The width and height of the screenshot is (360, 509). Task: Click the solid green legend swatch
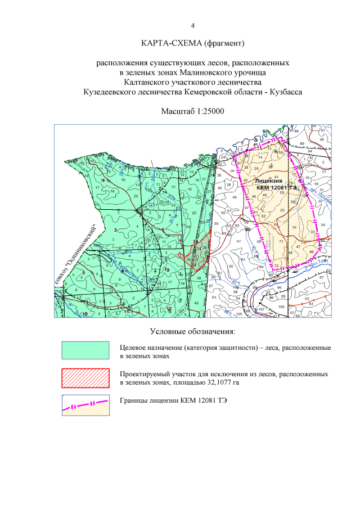coord(85,350)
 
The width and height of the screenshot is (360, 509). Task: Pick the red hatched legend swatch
coord(85,378)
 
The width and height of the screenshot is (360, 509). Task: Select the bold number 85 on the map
coord(247,229)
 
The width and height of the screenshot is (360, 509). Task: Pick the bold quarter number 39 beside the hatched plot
coord(195,241)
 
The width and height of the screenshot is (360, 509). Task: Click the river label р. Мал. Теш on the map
coord(323,262)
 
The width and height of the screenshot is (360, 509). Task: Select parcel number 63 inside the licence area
coord(282,210)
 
